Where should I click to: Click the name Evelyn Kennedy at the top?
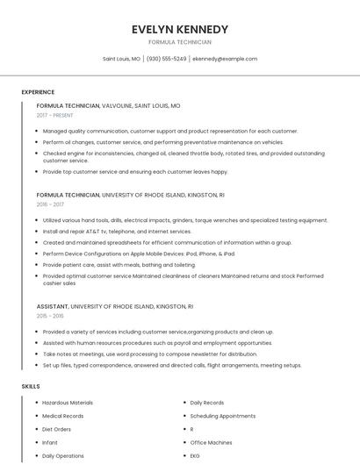(x=179, y=29)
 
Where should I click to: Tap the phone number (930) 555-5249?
(x=167, y=59)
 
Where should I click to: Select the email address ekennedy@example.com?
(x=225, y=59)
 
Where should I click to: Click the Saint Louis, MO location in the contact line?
(x=121, y=59)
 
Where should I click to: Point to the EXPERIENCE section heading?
(x=38, y=92)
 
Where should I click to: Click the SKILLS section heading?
(x=31, y=386)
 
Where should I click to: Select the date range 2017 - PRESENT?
(x=54, y=116)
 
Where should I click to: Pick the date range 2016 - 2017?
(x=50, y=204)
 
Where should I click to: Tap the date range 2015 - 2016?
(x=50, y=316)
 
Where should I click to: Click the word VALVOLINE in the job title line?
(x=117, y=105)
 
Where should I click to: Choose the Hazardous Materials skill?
(x=68, y=403)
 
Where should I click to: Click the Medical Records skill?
(x=63, y=416)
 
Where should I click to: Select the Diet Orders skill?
(x=57, y=429)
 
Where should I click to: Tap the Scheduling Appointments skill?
(x=223, y=416)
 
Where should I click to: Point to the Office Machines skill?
(x=211, y=443)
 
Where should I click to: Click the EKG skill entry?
(x=195, y=456)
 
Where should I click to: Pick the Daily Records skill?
(x=207, y=403)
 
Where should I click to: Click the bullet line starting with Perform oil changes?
(x=162, y=141)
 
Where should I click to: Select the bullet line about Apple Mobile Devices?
(x=139, y=254)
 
